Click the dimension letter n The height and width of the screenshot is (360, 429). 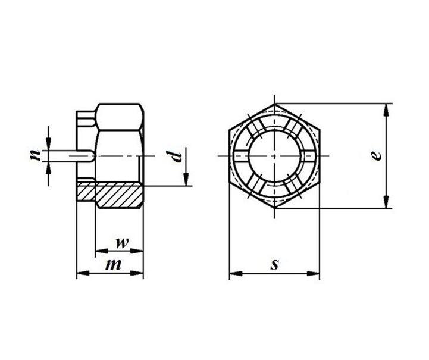35,155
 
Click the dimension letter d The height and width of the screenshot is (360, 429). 175,156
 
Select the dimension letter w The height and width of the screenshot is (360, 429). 122,243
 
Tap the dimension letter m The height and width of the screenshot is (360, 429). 113,265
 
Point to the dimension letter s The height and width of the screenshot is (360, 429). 275,265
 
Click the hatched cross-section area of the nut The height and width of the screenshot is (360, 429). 109,194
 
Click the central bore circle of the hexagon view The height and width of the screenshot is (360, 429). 275,156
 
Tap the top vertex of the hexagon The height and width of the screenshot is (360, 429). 275,104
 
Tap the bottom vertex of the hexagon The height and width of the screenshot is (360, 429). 275,208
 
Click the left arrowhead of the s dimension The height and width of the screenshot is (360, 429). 236,273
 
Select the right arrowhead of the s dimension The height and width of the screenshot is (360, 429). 313,273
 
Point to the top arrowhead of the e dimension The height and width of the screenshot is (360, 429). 386,110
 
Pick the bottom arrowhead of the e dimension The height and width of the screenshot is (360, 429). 386,202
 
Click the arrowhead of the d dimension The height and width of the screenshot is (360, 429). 186,179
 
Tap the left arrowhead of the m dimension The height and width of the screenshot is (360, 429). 83,273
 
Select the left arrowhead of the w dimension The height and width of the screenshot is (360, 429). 102,251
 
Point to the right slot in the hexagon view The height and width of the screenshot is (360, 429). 308,156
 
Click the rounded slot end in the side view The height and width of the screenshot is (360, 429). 92,156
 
